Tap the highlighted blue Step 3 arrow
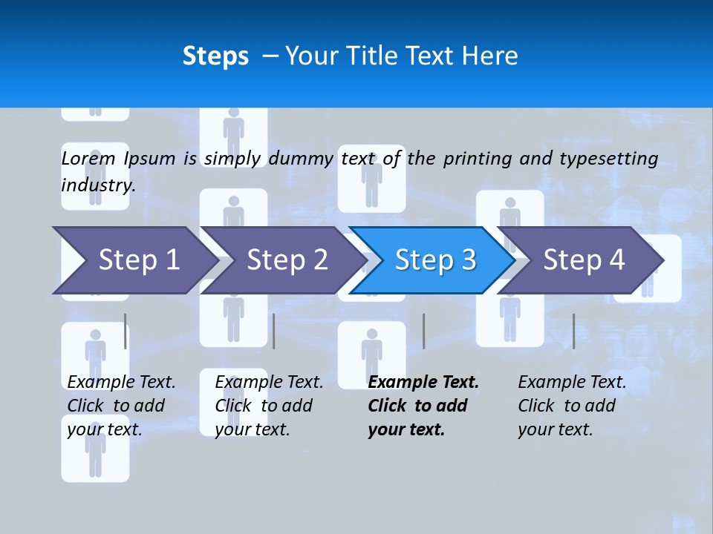coord(435,260)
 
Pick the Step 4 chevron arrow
coord(584,260)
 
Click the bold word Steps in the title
coord(215,56)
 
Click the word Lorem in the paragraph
coord(88,158)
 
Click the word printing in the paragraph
coord(478,159)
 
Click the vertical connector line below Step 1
coord(126,331)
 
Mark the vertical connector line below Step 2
coord(274,331)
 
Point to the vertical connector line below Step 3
coord(424,331)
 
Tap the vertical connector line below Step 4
coord(574,331)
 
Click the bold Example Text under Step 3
coord(423,383)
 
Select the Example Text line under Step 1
coord(121,383)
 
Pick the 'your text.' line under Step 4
coord(556,429)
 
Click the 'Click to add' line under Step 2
coord(264,406)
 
